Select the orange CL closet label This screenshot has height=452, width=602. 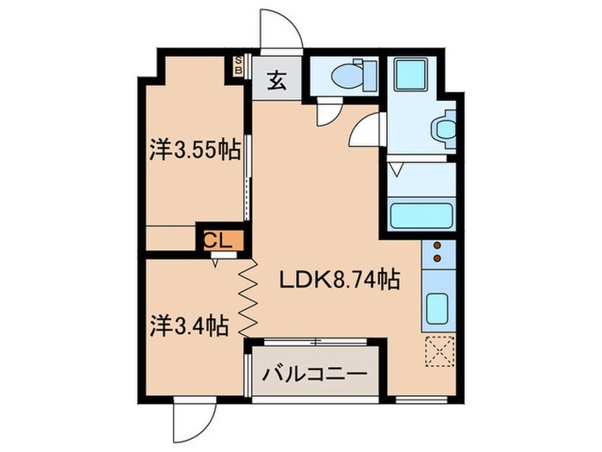point(219,240)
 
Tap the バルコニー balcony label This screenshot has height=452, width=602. point(315,375)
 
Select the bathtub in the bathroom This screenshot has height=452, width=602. point(421,214)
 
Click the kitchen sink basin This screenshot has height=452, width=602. point(438,307)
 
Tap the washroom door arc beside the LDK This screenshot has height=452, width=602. point(366,129)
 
